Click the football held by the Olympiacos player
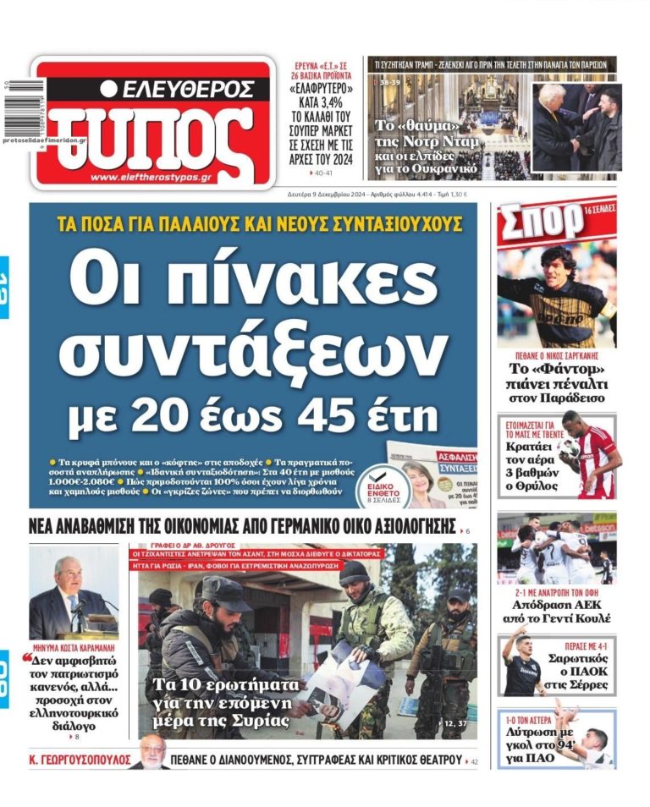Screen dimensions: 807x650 click(570, 446)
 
